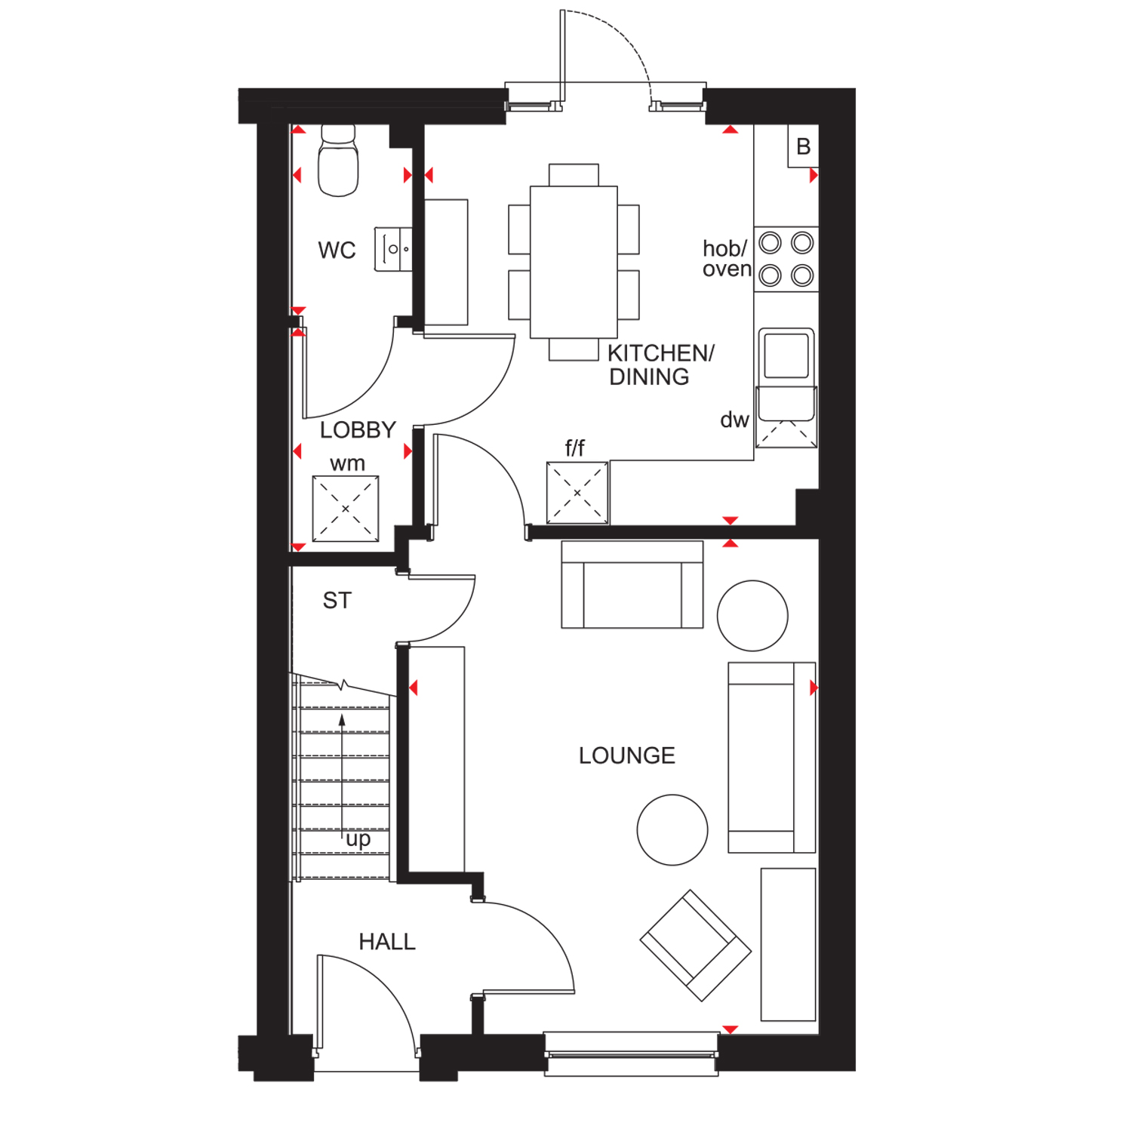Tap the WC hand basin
pos(394,249)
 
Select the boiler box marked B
pos(803,146)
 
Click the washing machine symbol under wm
pos(346,509)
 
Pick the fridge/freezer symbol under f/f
pos(577,493)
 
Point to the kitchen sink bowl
pos(786,354)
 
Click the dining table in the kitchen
pos(574,262)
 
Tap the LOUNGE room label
pos(626,755)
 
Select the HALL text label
pos(386,942)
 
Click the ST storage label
pos(337,601)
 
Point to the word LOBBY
pos(358,430)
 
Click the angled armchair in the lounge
pos(695,946)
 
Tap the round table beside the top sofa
pos(752,616)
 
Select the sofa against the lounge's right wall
pos(771,758)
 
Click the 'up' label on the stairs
pos(358,839)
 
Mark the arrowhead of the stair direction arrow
pos(342,720)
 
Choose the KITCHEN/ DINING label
pos(660,365)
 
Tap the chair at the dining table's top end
pos(574,174)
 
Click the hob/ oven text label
pos(726,259)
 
